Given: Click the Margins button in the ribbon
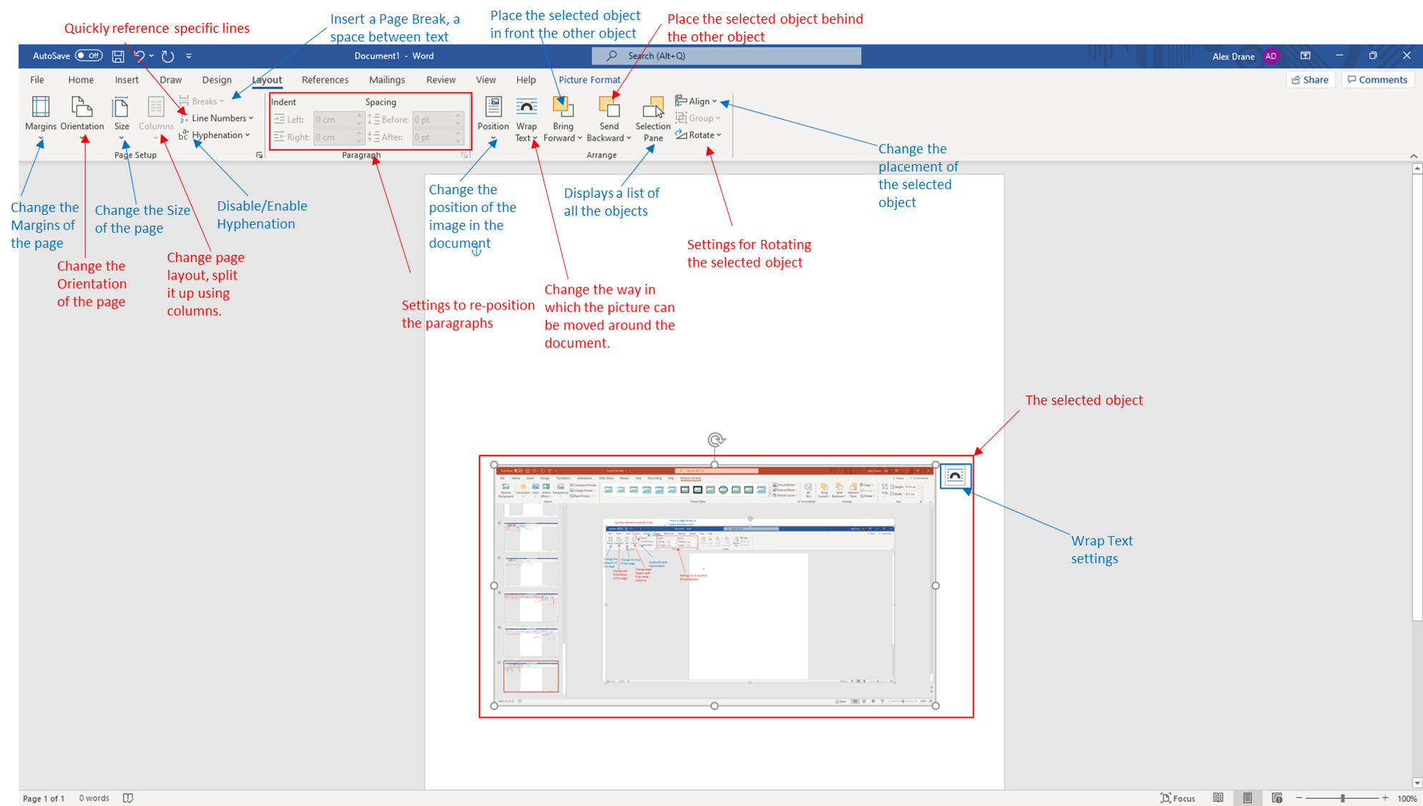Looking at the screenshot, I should [40, 114].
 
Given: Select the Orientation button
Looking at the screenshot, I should [82, 114].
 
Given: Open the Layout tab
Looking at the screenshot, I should [267, 80].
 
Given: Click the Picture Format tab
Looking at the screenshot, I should [589, 80].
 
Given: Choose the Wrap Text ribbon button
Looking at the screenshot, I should [526, 118].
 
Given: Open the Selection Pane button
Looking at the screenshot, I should [652, 118].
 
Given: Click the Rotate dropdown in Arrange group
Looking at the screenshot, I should [699, 135].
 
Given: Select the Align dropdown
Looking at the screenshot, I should [696, 101].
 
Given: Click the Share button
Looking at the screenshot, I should [1310, 80].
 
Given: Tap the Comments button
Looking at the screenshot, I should [1377, 80].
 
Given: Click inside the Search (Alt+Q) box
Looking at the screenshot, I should [726, 56].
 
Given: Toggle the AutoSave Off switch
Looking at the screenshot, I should [89, 56].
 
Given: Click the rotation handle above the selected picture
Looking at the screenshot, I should [715, 439].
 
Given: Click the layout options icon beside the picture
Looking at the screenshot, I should [954, 476].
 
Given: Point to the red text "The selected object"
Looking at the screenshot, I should [1083, 400].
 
